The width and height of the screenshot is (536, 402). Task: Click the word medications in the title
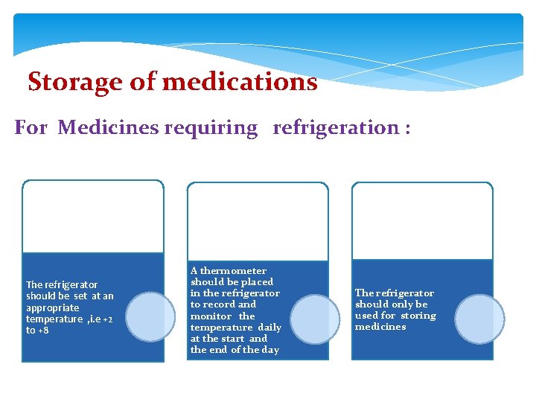(x=239, y=81)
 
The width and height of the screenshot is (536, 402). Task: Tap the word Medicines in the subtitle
(x=107, y=127)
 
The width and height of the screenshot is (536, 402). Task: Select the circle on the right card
(x=479, y=319)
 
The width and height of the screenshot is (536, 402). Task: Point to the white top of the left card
(x=92, y=217)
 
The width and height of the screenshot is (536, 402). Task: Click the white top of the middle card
(x=257, y=222)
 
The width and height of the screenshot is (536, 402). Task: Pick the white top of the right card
(x=422, y=222)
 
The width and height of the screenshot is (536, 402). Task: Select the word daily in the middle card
(x=269, y=327)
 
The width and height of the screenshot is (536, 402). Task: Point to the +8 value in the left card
(x=42, y=331)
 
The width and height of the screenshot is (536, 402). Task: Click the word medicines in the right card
(x=380, y=327)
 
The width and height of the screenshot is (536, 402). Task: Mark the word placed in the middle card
(x=257, y=282)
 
